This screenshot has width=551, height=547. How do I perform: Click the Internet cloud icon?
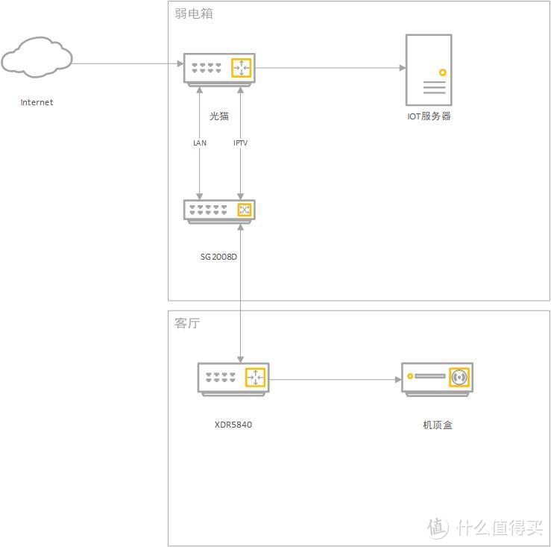pos(37,58)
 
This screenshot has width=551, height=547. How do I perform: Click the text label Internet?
pos(37,103)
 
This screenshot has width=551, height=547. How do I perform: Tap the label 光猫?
pos(219,116)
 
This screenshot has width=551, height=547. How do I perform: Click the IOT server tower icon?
pos(428,69)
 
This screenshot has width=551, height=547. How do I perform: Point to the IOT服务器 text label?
pos(429,116)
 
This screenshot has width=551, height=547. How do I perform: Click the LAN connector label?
pos(199,143)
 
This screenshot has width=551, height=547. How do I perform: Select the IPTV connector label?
pos(240,143)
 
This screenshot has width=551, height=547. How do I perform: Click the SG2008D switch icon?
pos(219,210)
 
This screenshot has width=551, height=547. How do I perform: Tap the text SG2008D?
pos(218,257)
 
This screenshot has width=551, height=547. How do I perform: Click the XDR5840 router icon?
pos(233,378)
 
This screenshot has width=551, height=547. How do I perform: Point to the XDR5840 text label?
pos(233,425)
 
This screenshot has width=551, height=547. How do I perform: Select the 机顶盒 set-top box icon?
pos(437,378)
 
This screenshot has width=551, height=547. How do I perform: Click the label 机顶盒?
pos(437,425)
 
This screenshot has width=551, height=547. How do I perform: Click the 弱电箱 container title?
pos(194,13)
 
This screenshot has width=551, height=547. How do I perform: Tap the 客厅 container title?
pos(187,324)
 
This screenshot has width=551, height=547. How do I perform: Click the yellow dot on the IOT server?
pos(442,73)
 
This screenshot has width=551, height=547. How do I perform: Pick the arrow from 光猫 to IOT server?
pos(328,68)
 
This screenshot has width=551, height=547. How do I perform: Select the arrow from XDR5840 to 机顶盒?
pos(336,380)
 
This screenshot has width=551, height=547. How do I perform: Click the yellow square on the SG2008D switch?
pos(244,210)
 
